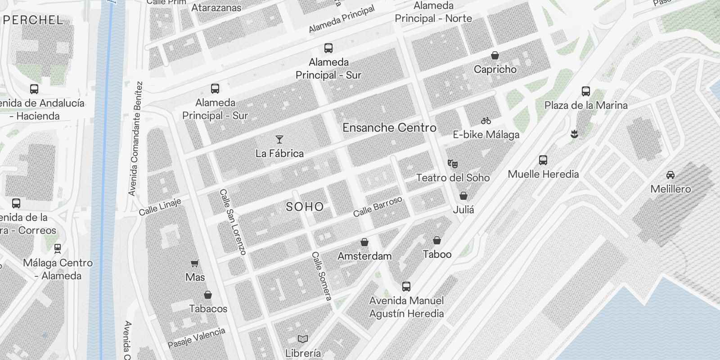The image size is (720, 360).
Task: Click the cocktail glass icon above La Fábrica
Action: coord(279,139)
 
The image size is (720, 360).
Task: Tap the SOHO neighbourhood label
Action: coord(305,207)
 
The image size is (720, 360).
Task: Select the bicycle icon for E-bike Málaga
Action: coord(486,121)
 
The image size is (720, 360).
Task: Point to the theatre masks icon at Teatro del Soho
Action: coord(453,163)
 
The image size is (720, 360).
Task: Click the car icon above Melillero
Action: coord(670,175)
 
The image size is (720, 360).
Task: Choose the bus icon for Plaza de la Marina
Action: coord(586,91)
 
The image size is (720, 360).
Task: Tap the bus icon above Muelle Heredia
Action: coord(543,160)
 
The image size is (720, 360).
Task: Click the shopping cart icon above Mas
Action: coord(195,263)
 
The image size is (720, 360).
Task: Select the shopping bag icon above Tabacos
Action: coord(208,295)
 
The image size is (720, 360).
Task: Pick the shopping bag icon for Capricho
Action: coord(495,55)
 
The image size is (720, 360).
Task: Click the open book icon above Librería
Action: coord(303,339)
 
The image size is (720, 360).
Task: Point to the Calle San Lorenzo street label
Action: coord(233,222)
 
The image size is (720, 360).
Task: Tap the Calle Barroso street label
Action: coord(378,206)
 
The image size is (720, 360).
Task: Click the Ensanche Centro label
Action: coord(389,128)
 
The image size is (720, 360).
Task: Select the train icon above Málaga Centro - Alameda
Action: coord(58,248)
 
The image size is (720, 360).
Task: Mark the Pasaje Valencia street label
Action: coord(196,338)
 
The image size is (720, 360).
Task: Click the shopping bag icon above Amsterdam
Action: coord(364,242)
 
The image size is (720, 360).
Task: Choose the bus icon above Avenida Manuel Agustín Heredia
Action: coord(406,286)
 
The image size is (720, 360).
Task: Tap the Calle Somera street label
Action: coord(322,276)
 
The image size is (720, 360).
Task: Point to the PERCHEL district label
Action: coord(33,20)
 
